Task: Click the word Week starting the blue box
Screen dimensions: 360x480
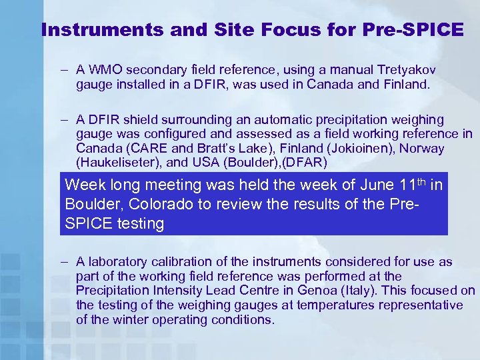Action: (x=85, y=185)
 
